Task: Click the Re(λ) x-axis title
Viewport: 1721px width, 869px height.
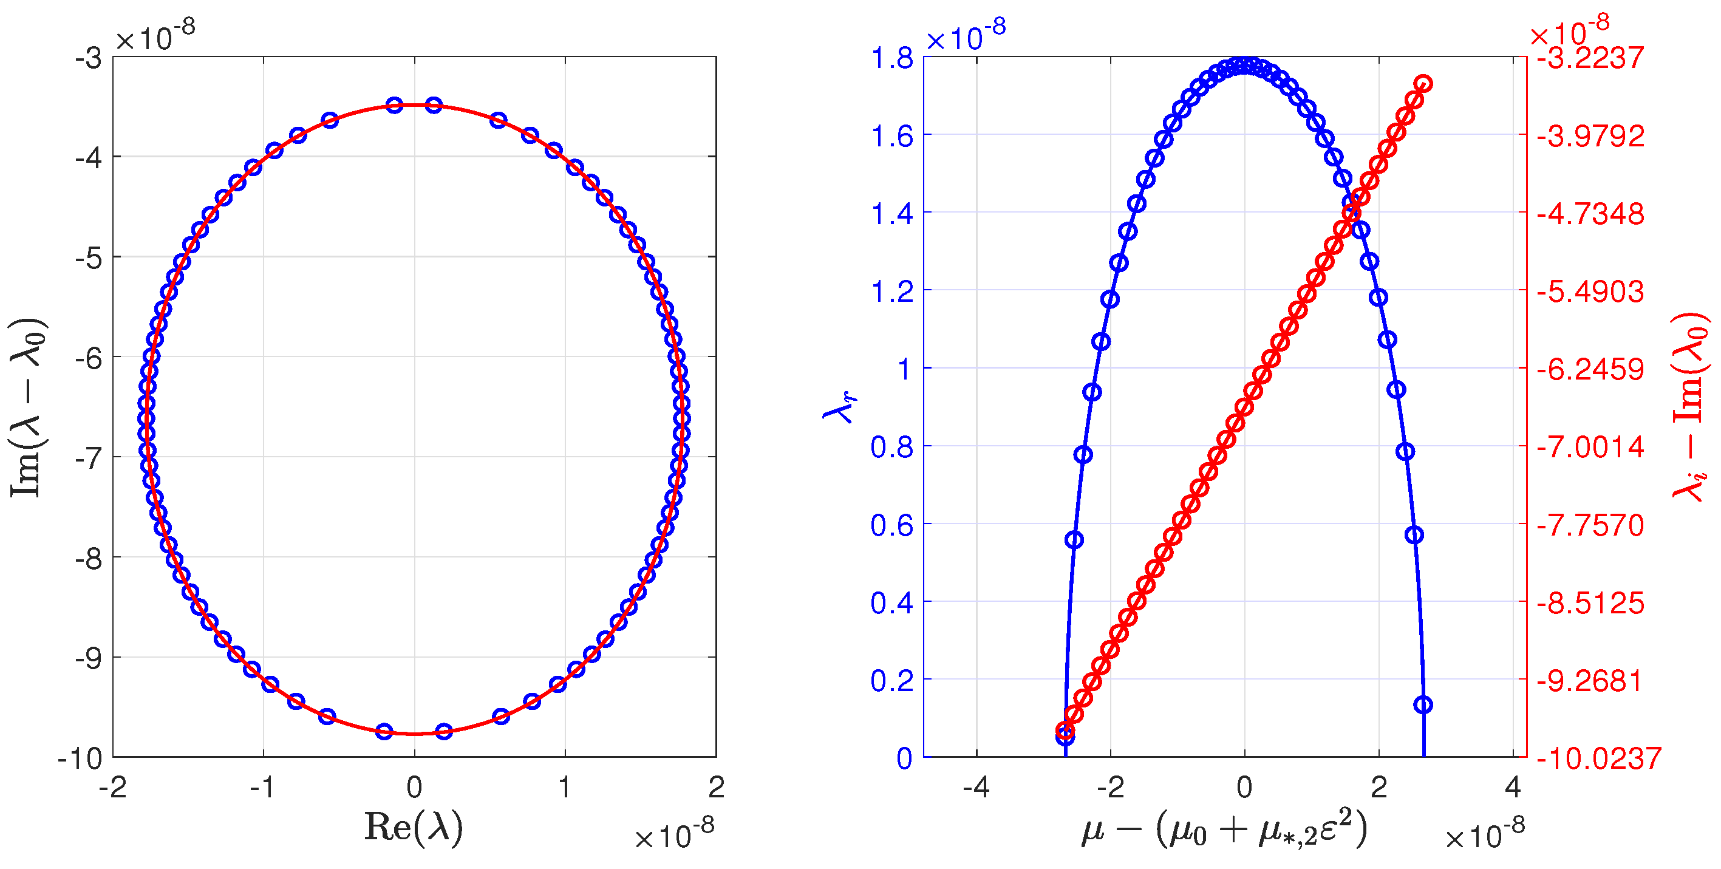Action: pyautogui.click(x=414, y=828)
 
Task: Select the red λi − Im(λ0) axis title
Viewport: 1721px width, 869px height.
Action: pyautogui.click(x=1690, y=407)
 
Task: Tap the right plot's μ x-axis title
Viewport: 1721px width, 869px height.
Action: pyautogui.click(x=1224, y=830)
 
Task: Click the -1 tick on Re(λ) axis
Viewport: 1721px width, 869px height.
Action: pyautogui.click(x=263, y=788)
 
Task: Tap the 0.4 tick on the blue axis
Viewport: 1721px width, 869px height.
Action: pyautogui.click(x=892, y=603)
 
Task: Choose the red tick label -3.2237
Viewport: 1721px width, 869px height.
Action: pyautogui.click(x=1590, y=59)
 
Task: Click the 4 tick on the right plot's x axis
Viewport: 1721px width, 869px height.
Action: pyautogui.click(x=1513, y=788)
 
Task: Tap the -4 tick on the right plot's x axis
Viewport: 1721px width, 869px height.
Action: pyautogui.click(x=975, y=788)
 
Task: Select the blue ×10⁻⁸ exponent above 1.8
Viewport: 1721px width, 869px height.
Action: pyautogui.click(x=966, y=36)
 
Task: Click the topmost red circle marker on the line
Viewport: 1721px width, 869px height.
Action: pyautogui.click(x=1423, y=83)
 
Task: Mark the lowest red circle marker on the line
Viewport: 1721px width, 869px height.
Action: pyautogui.click(x=1065, y=731)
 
